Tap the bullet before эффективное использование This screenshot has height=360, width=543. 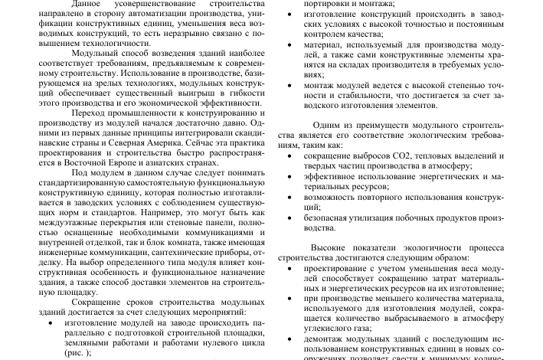coord(288,177)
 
